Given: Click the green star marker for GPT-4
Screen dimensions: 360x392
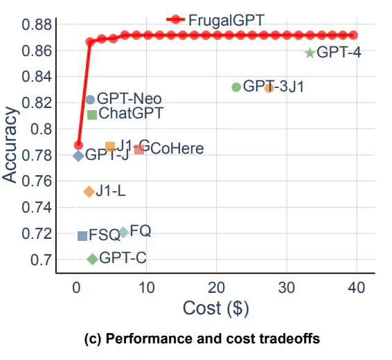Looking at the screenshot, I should pyautogui.click(x=310, y=53).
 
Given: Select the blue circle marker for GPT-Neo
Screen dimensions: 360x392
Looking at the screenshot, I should pyautogui.click(x=90, y=100).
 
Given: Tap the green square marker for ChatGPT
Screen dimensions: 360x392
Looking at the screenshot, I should pyautogui.click(x=92, y=114).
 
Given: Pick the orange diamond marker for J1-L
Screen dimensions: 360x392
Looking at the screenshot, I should pyautogui.click(x=89, y=192).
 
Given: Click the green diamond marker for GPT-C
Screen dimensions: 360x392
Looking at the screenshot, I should pyautogui.click(x=92, y=259).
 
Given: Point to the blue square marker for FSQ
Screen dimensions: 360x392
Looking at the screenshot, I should pyautogui.click(x=82, y=236).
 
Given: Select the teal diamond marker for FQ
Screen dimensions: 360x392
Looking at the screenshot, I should pyautogui.click(x=123, y=232).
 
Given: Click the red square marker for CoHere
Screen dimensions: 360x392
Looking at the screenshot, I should pyautogui.click(x=139, y=150).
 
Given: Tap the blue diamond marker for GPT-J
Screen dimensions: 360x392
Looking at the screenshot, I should pyautogui.click(x=78, y=156).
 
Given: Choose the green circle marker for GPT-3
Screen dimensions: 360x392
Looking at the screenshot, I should pyautogui.click(x=236, y=87).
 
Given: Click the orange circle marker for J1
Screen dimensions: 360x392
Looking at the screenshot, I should pyautogui.click(x=269, y=88).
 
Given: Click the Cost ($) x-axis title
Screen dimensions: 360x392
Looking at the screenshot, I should pyautogui.click(x=215, y=308).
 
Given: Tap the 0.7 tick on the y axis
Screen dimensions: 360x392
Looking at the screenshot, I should pyautogui.click(x=42, y=260).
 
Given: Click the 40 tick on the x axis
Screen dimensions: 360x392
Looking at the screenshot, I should pyautogui.click(x=357, y=287).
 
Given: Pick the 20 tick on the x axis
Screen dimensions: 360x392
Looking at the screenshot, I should pyautogui.click(x=216, y=287).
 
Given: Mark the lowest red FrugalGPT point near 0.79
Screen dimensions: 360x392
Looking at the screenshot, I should pyautogui.click(x=78, y=145).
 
